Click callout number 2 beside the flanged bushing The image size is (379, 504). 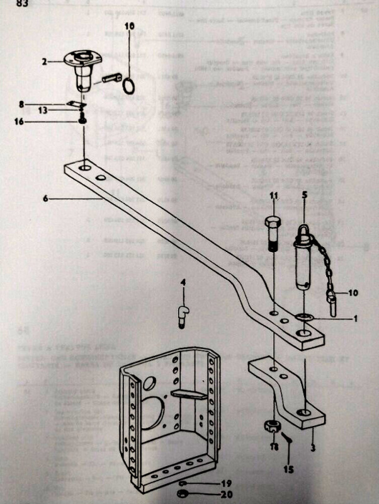(45, 62)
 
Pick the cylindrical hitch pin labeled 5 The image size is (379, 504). (305, 265)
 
